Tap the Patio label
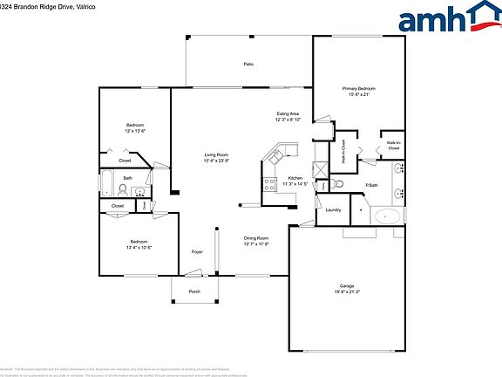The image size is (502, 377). [248, 65]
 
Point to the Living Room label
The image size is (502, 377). [215, 154]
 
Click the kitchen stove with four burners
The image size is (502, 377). [268, 183]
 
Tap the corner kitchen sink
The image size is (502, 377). [277, 158]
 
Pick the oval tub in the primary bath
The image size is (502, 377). [386, 216]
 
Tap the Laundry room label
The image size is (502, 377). [333, 210]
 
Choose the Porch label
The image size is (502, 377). [194, 291]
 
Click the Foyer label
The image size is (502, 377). [198, 252]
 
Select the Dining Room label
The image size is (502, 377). [255, 238]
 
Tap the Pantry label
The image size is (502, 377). [324, 184]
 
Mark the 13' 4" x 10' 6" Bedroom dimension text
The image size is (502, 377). [140, 247]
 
